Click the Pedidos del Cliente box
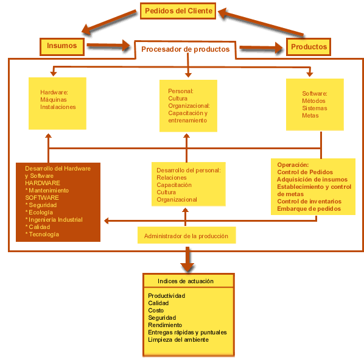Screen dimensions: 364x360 click(178, 11)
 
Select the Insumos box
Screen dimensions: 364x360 click(62, 47)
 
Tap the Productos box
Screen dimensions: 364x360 click(309, 47)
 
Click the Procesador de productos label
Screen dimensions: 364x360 click(186, 49)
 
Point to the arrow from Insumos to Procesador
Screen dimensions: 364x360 click(108, 45)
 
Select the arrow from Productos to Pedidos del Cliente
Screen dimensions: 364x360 click(261, 22)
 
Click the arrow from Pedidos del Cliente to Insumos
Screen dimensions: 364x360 click(109, 22)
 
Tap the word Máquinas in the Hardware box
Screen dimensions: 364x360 click(54, 100)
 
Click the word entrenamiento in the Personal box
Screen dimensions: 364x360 click(187, 121)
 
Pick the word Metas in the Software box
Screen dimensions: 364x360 click(310, 116)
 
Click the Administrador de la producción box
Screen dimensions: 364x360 click(187, 235)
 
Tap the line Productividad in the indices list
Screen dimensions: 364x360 click(166, 295)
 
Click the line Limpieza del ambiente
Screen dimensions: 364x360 click(178, 339)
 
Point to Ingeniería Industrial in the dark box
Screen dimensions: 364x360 click(54, 220)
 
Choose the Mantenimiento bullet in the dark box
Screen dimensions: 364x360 click(47, 191)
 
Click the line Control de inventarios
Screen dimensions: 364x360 click(309, 202)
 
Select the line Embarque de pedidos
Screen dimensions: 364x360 click(309, 209)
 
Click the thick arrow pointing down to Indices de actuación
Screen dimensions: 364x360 click(187, 259)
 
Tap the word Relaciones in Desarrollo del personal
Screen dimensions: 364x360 click(172, 178)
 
